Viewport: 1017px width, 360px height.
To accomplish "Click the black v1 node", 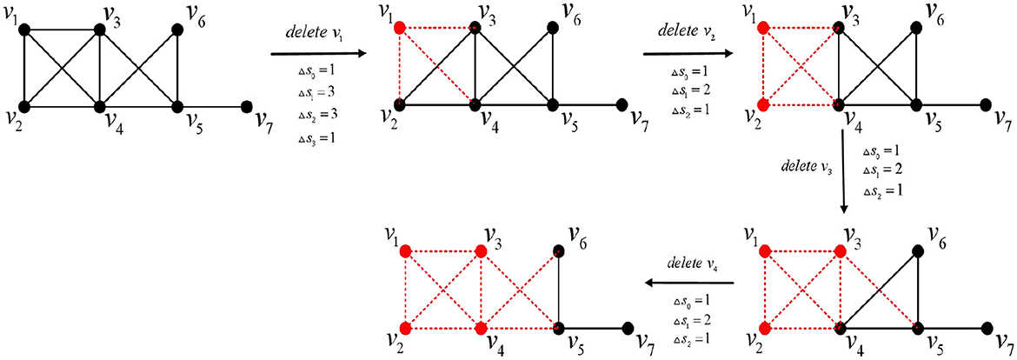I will [24, 30].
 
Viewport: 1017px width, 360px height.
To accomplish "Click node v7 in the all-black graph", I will [246, 107].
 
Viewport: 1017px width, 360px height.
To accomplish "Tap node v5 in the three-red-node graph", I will [921, 329].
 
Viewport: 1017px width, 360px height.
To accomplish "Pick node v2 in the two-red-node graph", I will [763, 105].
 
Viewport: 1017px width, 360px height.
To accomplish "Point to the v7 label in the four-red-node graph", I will [643, 342].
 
